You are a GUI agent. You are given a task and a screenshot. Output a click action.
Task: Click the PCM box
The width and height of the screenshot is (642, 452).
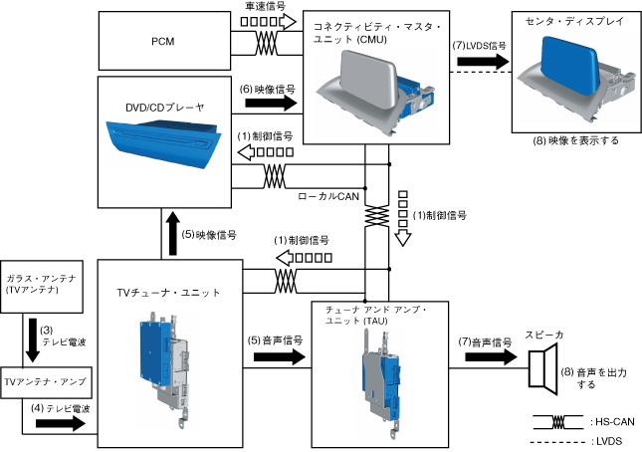[162, 42]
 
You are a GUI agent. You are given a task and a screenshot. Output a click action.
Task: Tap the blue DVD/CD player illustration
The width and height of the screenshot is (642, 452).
[159, 143]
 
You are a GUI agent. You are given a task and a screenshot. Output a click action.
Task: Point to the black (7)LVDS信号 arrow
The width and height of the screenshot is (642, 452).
[482, 62]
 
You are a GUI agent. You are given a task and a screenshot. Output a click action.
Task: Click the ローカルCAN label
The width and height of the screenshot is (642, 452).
[328, 197]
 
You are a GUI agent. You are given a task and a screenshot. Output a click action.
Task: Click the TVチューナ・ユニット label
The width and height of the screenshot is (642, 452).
[168, 292]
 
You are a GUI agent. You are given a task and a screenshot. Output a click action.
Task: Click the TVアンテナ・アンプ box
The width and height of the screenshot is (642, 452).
[45, 381]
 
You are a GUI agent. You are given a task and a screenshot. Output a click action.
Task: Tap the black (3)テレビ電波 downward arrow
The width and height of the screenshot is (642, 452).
[33, 340]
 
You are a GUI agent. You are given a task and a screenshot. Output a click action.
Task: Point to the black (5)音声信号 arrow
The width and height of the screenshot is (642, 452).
[276, 356]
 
